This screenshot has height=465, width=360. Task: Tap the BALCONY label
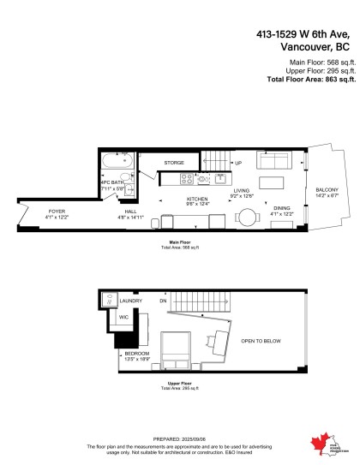pyautogui.click(x=327, y=190)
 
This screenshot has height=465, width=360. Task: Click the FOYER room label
pyautogui.click(x=57, y=211)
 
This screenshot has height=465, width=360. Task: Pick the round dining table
pyautogui.click(x=248, y=217)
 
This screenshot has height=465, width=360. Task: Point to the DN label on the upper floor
pyautogui.click(x=163, y=301)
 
